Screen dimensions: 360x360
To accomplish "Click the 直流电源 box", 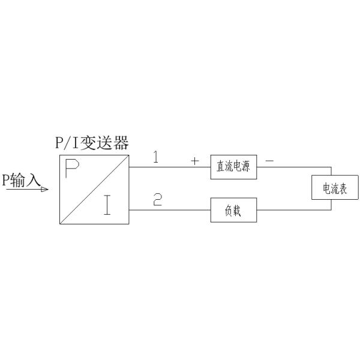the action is click(233, 167).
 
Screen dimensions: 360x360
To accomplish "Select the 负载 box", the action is click(233, 211).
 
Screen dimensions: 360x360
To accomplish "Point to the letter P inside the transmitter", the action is click(72, 170).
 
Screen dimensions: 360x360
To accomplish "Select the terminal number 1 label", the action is click(156, 158).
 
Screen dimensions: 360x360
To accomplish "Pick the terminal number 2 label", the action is click(157, 200).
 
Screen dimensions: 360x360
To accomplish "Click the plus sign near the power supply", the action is click(194, 161).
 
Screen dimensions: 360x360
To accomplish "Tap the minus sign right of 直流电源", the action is click(269, 161).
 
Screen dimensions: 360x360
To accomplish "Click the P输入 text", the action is click(20, 181).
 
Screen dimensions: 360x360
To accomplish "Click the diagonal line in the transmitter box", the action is click(94, 190).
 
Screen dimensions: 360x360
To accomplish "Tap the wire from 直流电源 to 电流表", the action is click(294, 167).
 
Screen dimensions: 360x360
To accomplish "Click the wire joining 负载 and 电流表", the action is click(294, 211).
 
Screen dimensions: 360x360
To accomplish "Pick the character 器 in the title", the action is click(121, 144).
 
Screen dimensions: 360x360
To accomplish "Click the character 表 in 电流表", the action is click(345, 189).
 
